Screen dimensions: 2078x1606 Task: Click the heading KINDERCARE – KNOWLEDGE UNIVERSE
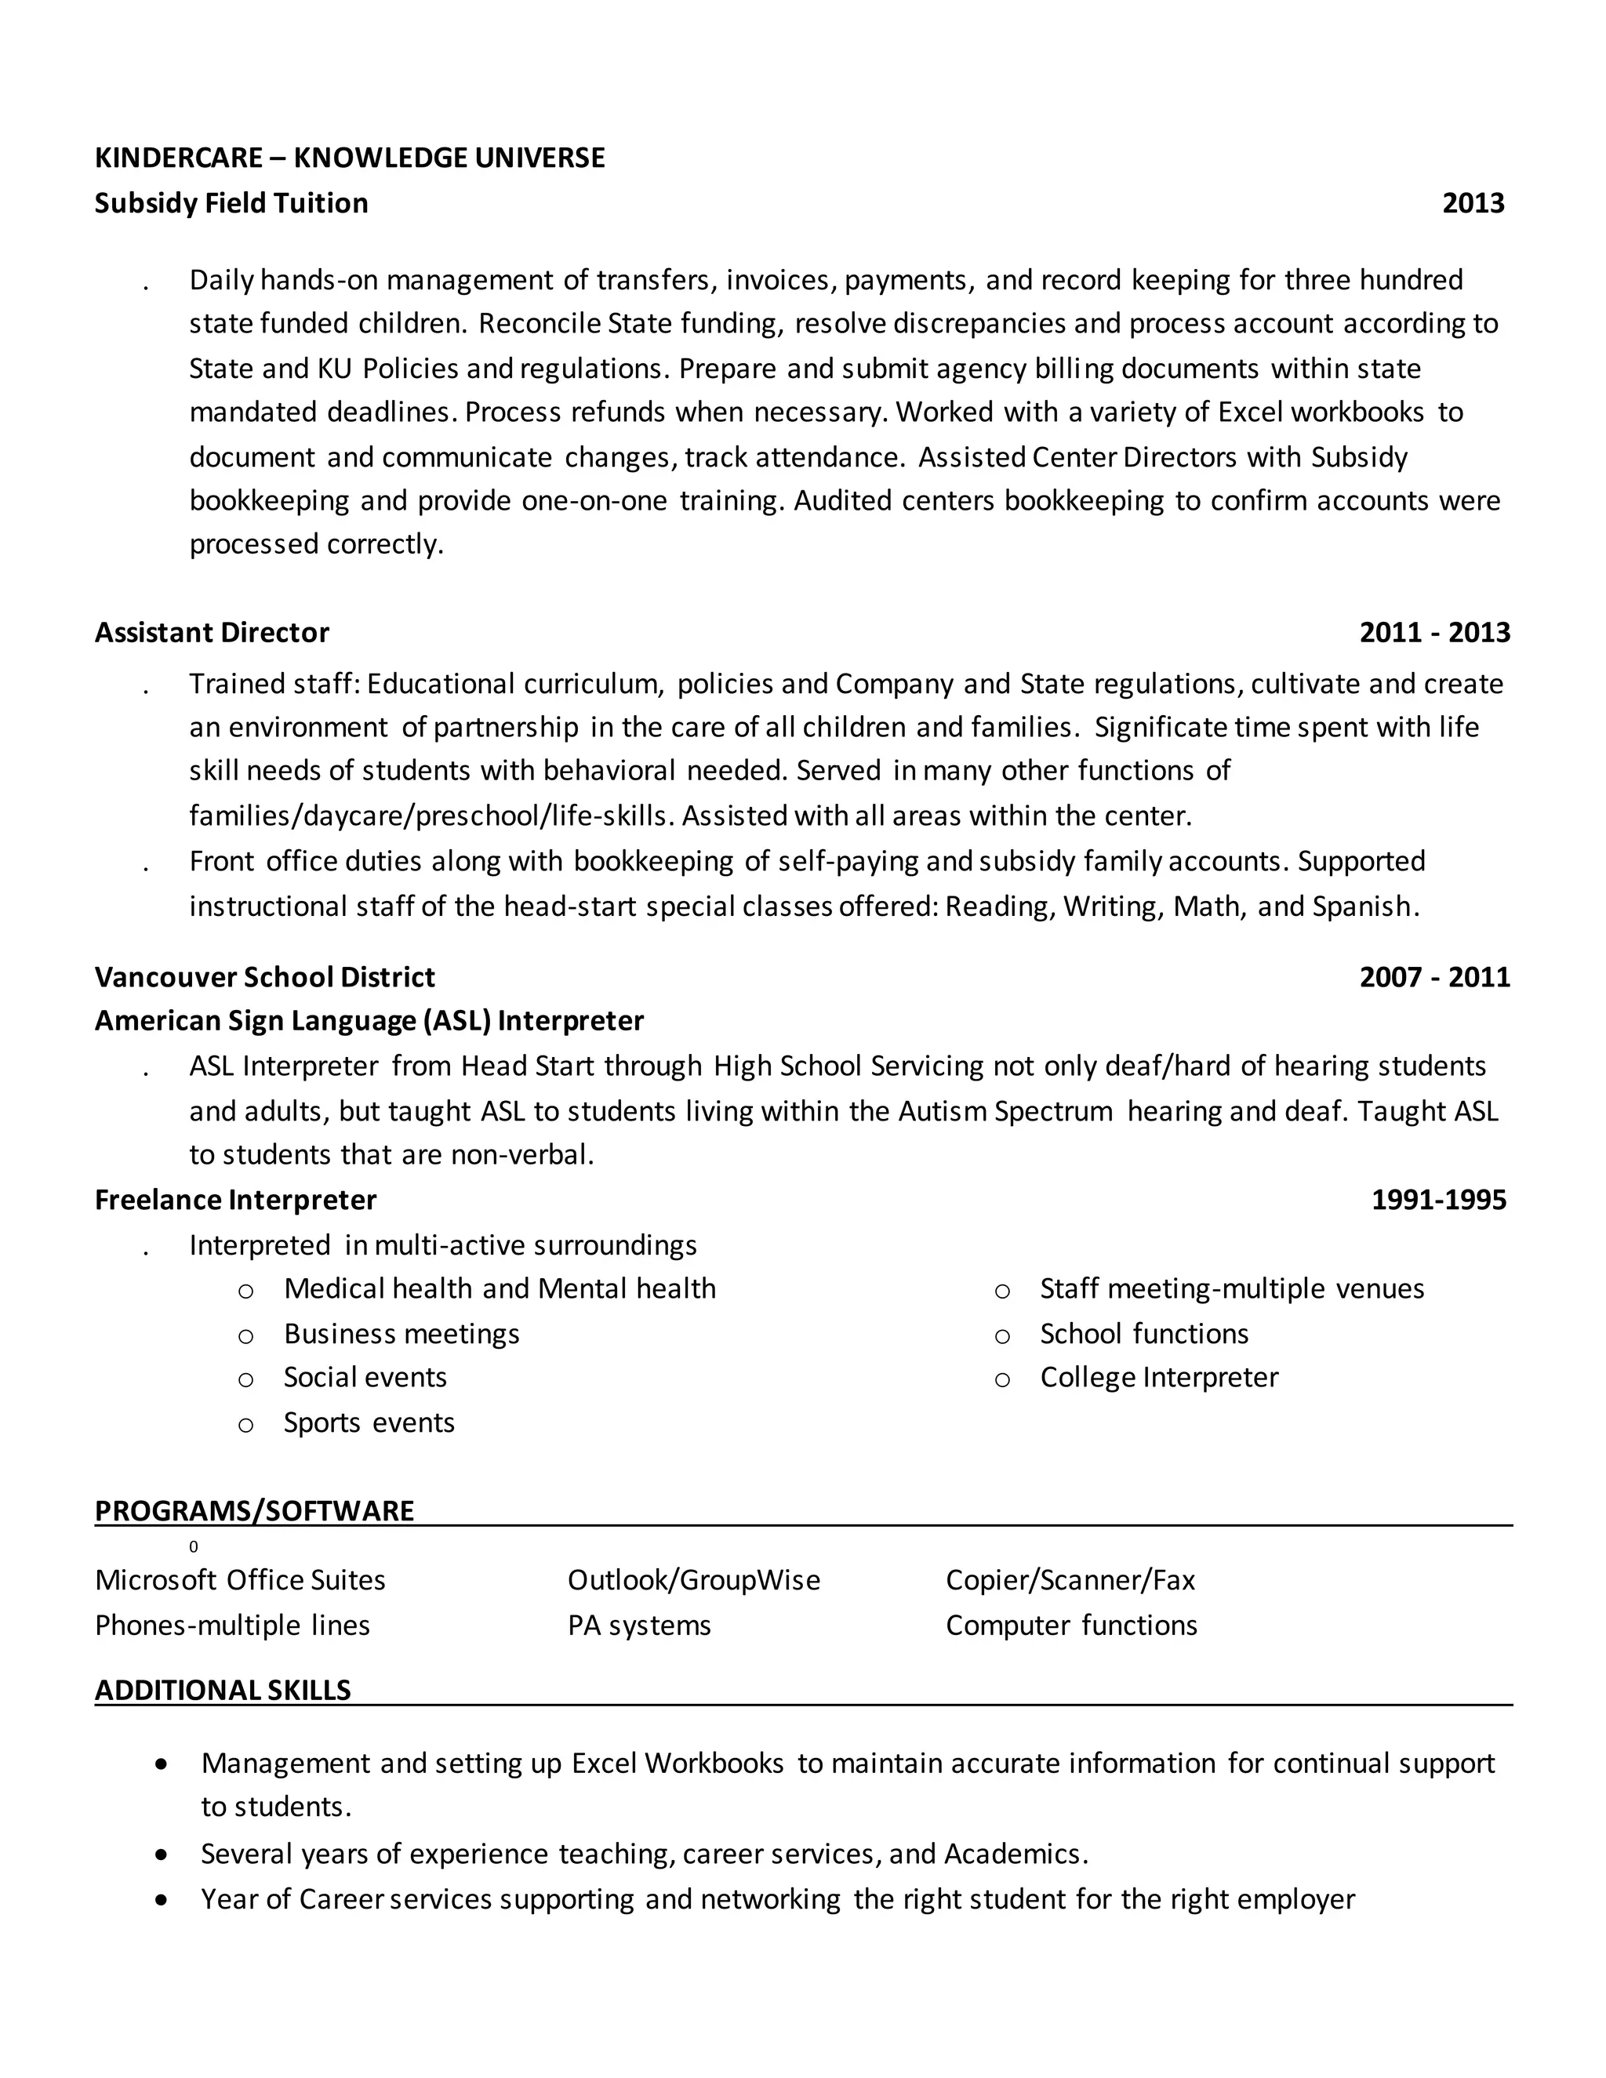pos(349,158)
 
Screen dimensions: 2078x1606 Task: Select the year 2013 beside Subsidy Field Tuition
pos(1473,204)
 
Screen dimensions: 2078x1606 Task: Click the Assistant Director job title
pos(211,633)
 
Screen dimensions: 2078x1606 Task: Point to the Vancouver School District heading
pos(264,977)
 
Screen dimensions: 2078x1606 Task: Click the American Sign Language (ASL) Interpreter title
pos(369,1021)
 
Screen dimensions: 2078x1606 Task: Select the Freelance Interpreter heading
pos(235,1200)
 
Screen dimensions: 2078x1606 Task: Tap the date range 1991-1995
pos(1437,1200)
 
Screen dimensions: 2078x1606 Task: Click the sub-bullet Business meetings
pos(401,1334)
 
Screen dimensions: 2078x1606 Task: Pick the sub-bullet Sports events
pos(369,1422)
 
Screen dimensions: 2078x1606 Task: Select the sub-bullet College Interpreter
pos(1158,1378)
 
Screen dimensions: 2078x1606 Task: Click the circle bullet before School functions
pos(1002,1336)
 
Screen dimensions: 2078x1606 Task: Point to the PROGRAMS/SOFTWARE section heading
pos(254,1511)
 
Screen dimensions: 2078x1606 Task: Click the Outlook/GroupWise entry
pos(693,1580)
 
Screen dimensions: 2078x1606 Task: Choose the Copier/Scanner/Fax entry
pos(1070,1580)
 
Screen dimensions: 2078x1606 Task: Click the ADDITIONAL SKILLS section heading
pos(223,1690)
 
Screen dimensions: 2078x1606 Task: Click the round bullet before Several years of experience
pos(162,1855)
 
